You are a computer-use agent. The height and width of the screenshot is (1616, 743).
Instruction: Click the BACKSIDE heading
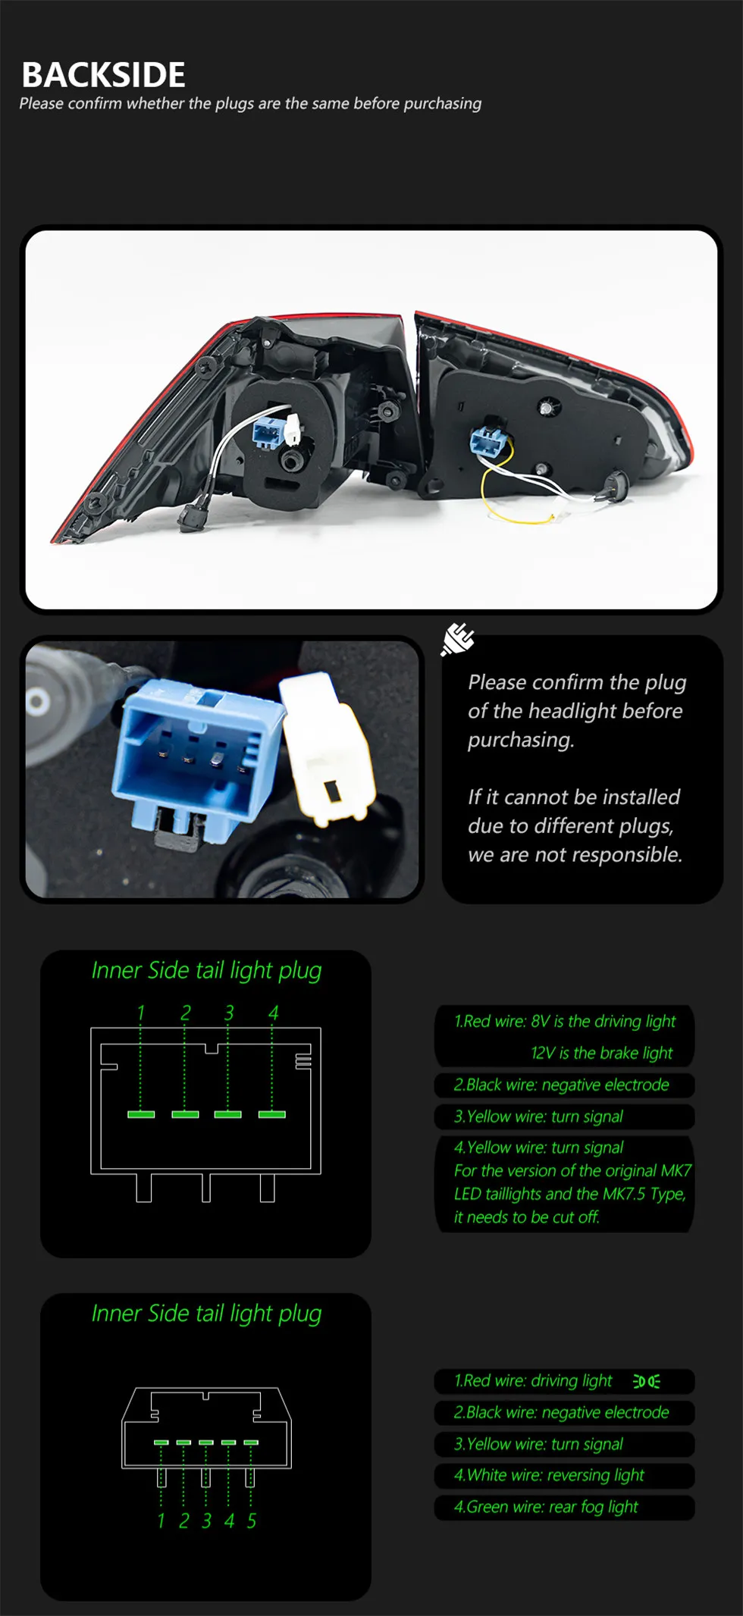103,75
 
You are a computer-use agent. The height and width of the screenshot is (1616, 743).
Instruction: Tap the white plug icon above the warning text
458,640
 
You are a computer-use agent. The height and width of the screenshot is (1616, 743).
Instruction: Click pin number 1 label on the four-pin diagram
140,1013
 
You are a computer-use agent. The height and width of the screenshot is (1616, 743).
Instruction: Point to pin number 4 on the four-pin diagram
273,1013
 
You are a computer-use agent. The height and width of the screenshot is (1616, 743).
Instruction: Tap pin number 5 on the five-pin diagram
252,1520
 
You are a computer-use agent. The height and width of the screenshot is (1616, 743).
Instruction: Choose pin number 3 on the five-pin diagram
206,1520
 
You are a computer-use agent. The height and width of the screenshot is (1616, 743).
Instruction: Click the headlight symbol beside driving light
647,1381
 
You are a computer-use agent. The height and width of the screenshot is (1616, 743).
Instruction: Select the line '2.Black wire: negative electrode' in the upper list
561,1085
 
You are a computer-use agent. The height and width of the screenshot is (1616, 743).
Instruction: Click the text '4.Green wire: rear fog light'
546,1507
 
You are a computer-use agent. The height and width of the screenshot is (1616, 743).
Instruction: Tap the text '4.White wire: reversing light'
549,1475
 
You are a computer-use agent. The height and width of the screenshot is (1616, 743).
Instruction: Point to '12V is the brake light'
602,1053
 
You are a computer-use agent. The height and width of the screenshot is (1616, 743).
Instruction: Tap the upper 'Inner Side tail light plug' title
206,971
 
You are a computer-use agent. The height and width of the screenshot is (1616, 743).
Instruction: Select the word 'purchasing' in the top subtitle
442,104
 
